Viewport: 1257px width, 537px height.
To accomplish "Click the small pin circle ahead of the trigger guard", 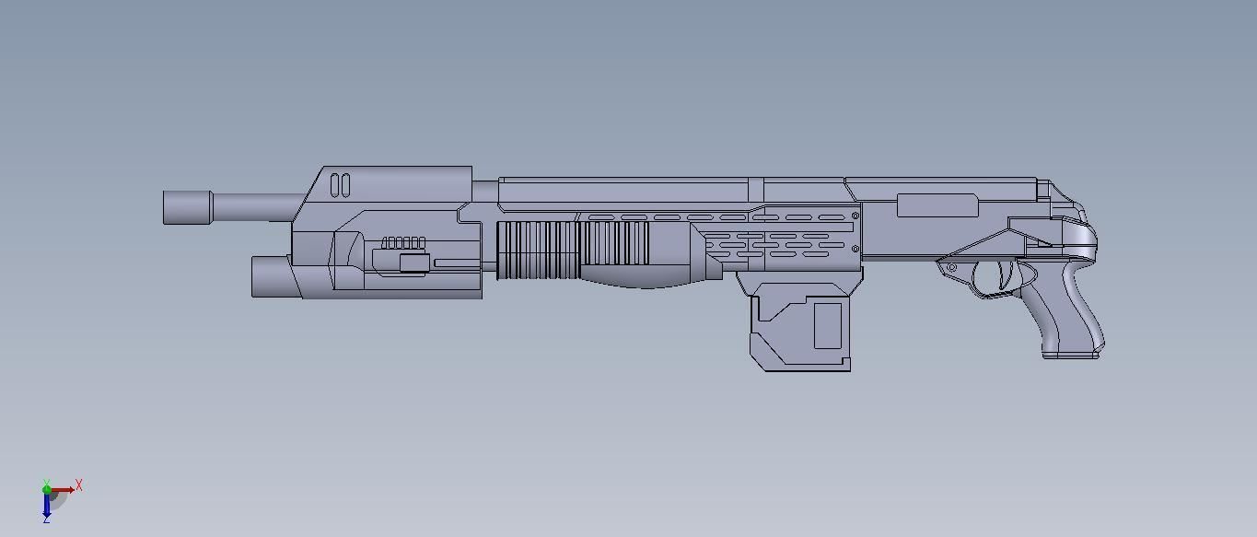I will (951, 268).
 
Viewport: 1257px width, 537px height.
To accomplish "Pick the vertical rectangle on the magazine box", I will (827, 325).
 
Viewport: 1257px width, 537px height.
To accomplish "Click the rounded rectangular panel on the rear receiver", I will (937, 205).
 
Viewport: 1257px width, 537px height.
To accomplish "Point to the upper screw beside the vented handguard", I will (855, 216).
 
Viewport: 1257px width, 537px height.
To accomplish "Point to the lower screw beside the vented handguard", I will (855, 249).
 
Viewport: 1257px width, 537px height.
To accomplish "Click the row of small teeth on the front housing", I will (403, 243).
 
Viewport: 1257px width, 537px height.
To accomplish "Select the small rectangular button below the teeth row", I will (413, 263).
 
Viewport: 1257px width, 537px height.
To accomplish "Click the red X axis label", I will (79, 484).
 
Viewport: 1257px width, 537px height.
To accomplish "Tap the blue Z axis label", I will (46, 519).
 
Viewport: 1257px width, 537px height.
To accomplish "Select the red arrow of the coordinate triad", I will (64, 490).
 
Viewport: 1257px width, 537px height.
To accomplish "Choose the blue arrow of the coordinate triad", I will (46, 504).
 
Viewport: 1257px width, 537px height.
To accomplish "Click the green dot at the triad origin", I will (47, 490).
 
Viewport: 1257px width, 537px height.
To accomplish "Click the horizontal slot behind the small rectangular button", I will (457, 263).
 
